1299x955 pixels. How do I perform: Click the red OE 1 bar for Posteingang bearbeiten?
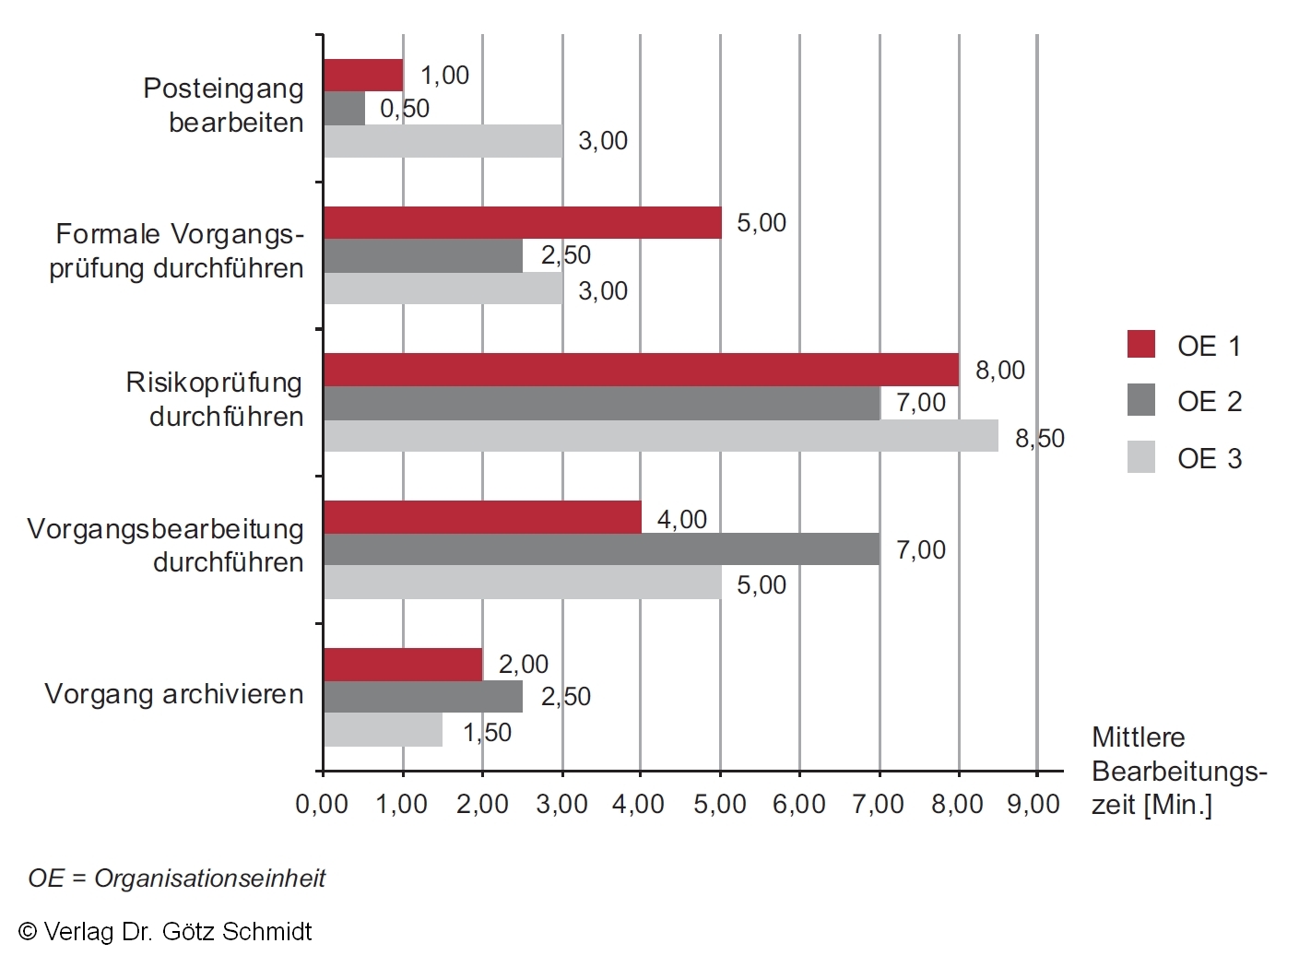(x=363, y=75)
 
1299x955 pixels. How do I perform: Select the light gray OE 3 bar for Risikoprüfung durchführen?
(x=660, y=436)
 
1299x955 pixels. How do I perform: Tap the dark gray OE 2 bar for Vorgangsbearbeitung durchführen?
(x=601, y=549)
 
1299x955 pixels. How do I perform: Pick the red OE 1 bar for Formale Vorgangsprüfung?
(x=522, y=222)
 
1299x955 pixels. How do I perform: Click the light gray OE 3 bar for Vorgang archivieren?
(x=383, y=730)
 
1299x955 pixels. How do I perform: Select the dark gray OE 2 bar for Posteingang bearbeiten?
(x=344, y=108)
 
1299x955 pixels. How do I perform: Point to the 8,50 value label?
(x=1039, y=438)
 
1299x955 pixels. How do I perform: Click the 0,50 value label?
(x=405, y=109)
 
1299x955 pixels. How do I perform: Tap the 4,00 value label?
(x=681, y=519)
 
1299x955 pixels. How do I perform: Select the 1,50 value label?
(x=487, y=732)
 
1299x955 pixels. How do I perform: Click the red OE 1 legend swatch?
(x=1140, y=344)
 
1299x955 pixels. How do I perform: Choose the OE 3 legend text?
(x=1209, y=458)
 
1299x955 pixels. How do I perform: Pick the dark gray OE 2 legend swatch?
(x=1140, y=400)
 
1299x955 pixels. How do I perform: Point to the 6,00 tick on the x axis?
(x=798, y=804)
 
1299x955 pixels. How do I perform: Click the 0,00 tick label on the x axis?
(x=322, y=804)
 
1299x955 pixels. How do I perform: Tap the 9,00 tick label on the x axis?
(x=1033, y=804)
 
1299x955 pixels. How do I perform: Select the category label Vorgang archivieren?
(x=173, y=693)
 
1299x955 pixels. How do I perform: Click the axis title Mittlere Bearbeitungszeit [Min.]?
(x=1178, y=771)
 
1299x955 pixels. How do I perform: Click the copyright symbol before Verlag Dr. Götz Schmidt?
(x=28, y=932)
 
